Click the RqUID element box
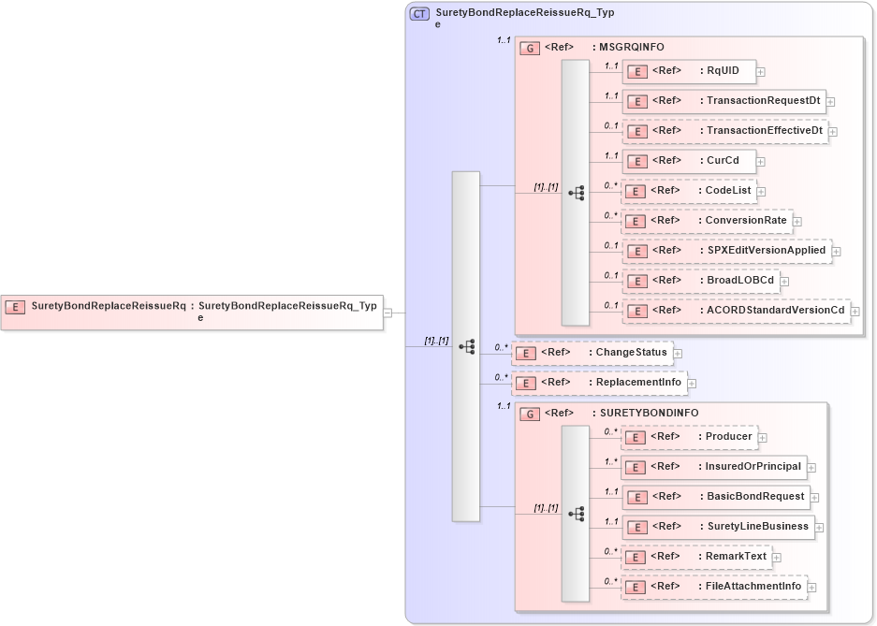click(689, 71)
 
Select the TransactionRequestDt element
click(724, 101)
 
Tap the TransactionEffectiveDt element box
click(725, 131)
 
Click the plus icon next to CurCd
click(761, 161)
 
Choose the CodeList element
click(689, 191)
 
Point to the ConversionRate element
click(707, 221)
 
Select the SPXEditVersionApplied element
click(727, 251)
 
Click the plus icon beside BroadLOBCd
click(784, 281)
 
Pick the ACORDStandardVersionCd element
click(736, 310)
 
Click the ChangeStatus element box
click(592, 353)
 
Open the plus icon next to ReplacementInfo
click(692, 383)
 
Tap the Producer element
click(690, 437)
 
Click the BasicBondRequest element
click(716, 497)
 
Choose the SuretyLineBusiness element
click(718, 527)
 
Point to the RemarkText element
click(696, 557)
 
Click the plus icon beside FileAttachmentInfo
click(811, 588)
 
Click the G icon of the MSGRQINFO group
click(530, 48)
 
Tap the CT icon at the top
click(420, 14)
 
